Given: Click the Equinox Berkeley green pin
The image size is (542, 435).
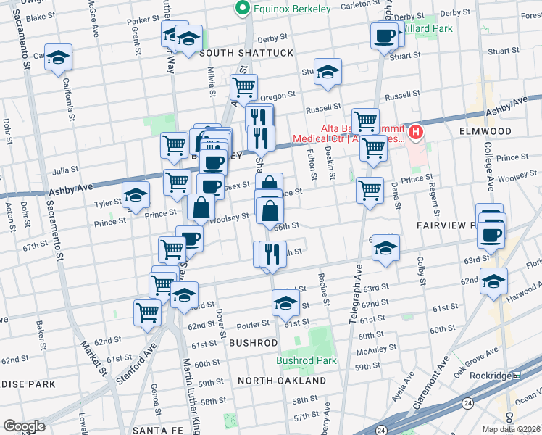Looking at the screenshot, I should point(242,9).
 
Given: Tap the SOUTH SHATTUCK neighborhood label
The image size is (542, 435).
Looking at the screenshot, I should point(246,53).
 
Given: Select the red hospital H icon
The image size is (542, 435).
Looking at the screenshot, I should point(416,132).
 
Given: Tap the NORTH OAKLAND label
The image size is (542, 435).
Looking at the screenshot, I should point(282,381).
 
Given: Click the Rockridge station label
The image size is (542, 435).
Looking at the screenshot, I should point(493,376).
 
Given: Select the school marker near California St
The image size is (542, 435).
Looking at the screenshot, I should point(57,59).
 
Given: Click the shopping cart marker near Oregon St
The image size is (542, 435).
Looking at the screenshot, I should point(243,88).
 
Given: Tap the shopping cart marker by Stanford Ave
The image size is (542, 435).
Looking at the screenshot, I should point(147,313).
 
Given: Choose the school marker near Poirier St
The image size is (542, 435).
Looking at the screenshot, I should point(285,303).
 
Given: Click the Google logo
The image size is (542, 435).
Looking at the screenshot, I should point(23,426).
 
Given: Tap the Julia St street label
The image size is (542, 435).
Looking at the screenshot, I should point(65,172).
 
